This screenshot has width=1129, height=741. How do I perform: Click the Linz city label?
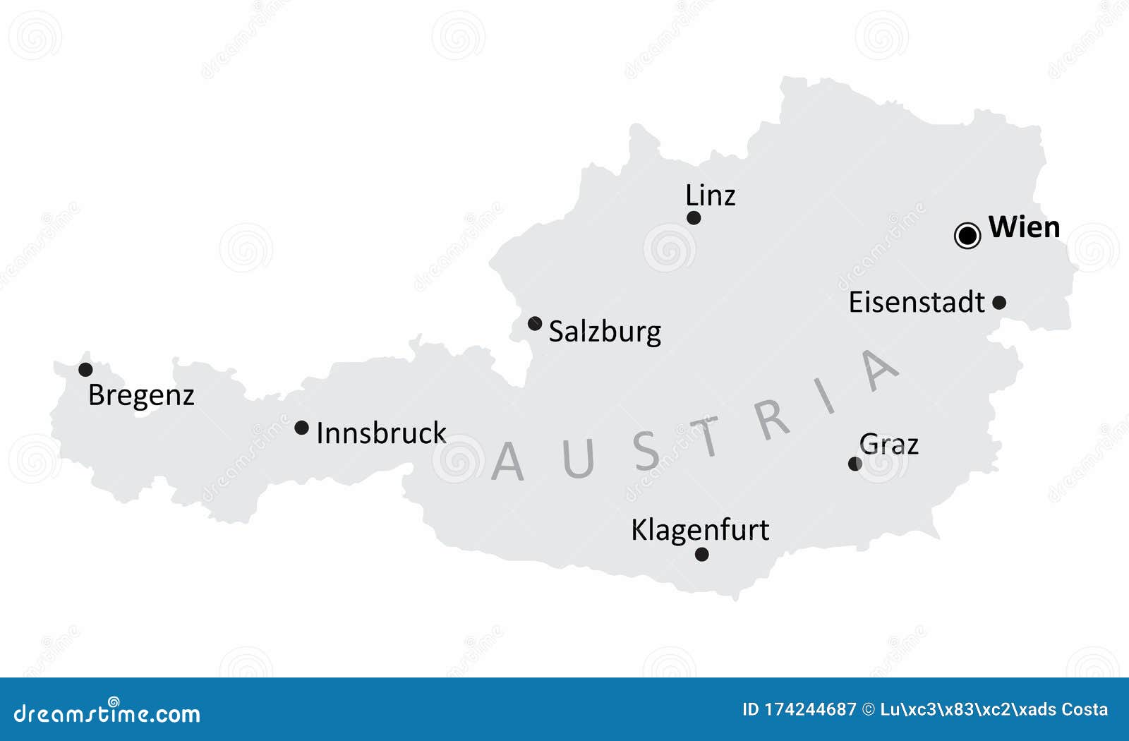(x=710, y=195)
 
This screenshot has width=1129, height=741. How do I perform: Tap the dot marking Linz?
(x=694, y=218)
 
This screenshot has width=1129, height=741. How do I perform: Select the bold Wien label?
(x=1024, y=227)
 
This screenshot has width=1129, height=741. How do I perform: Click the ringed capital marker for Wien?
(x=967, y=236)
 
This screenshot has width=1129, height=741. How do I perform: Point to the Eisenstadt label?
(x=916, y=302)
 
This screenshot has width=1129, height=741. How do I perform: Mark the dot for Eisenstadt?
(x=999, y=303)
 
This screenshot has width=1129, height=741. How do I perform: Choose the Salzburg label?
(x=605, y=332)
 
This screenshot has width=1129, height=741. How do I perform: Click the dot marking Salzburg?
(x=535, y=324)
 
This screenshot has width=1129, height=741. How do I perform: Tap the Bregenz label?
(x=141, y=395)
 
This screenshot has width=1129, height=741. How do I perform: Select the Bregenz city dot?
(x=85, y=370)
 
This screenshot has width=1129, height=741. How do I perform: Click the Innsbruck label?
(x=381, y=433)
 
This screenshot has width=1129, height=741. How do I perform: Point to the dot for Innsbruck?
(x=301, y=428)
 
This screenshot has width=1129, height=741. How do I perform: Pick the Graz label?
(x=889, y=445)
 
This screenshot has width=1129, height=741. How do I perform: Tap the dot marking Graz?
(x=855, y=464)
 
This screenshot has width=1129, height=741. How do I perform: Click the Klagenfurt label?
(x=699, y=530)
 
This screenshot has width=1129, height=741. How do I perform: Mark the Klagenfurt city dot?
(x=701, y=555)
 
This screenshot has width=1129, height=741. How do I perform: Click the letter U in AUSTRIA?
(x=578, y=459)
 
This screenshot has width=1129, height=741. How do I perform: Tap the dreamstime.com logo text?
(x=107, y=713)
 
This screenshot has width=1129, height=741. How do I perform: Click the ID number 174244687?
(x=810, y=710)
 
